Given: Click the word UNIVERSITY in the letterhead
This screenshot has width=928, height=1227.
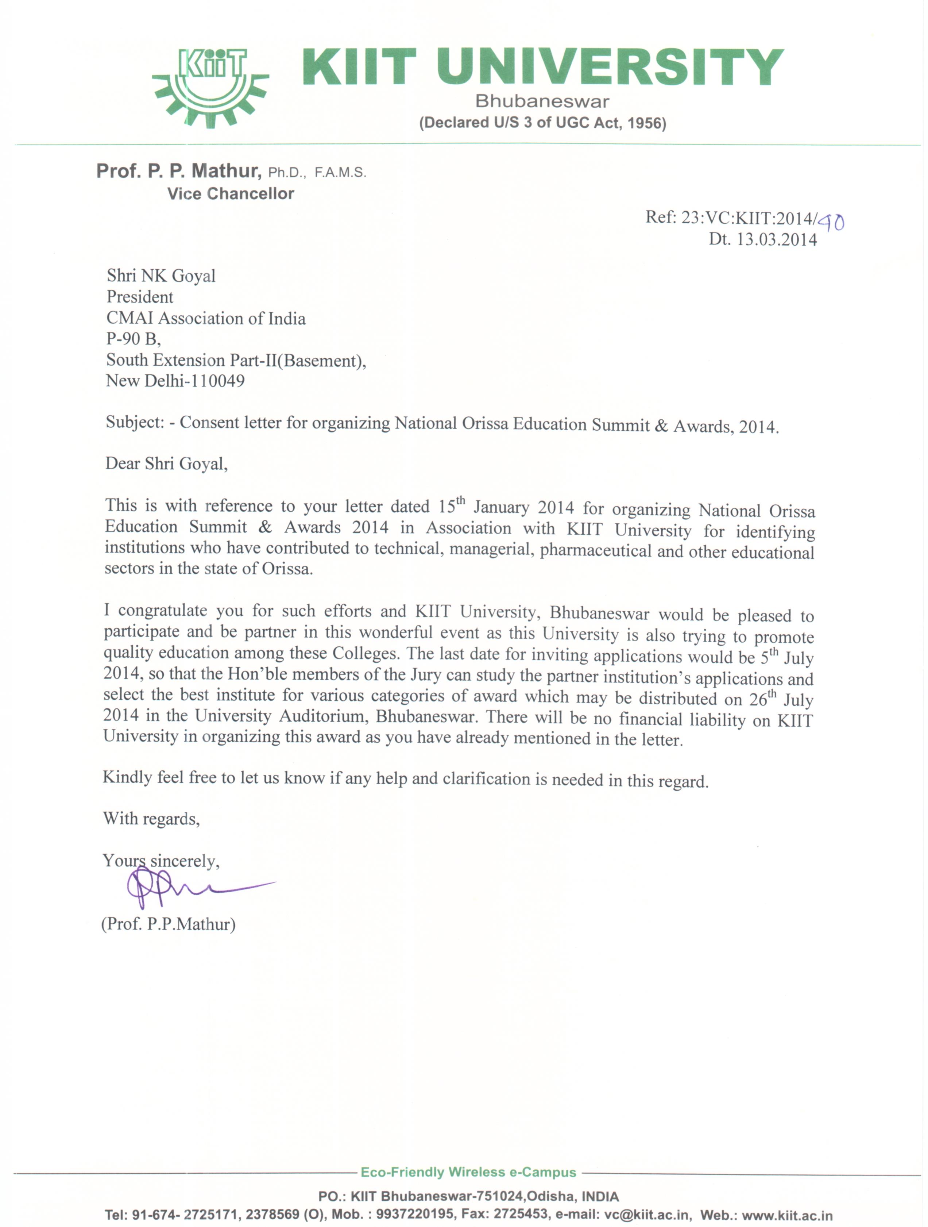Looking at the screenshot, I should coord(610,67).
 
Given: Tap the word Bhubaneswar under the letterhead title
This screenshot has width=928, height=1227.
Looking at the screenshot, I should coord(542,101).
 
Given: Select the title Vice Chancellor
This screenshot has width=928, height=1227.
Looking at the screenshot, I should coord(231,193).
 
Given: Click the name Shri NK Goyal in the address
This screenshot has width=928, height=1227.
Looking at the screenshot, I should coord(161,276).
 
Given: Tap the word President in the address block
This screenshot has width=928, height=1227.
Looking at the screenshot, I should coord(140,297).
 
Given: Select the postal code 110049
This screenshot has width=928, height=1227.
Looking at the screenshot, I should coord(217,381).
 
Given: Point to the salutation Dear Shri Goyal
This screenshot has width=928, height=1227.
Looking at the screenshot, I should coord(166,464).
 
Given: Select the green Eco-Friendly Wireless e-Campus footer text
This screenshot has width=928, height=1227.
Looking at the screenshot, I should coord(468,1172).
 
